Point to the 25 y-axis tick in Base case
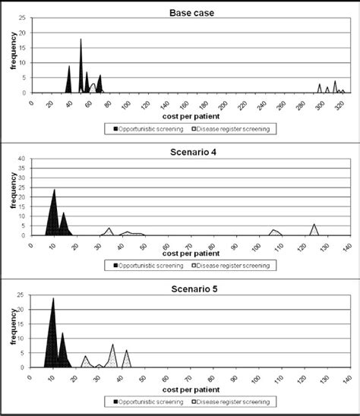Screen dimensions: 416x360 26,18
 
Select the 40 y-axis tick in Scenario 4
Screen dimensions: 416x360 26,158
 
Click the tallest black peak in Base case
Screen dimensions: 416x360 81,40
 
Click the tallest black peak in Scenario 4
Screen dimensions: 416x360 54,190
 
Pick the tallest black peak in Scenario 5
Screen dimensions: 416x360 53,298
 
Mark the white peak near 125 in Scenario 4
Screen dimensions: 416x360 314,225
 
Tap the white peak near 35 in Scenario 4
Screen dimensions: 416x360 109,228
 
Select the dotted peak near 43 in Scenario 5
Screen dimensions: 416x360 126,351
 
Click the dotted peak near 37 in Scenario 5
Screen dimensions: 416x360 112,345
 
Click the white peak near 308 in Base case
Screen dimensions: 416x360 335,82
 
